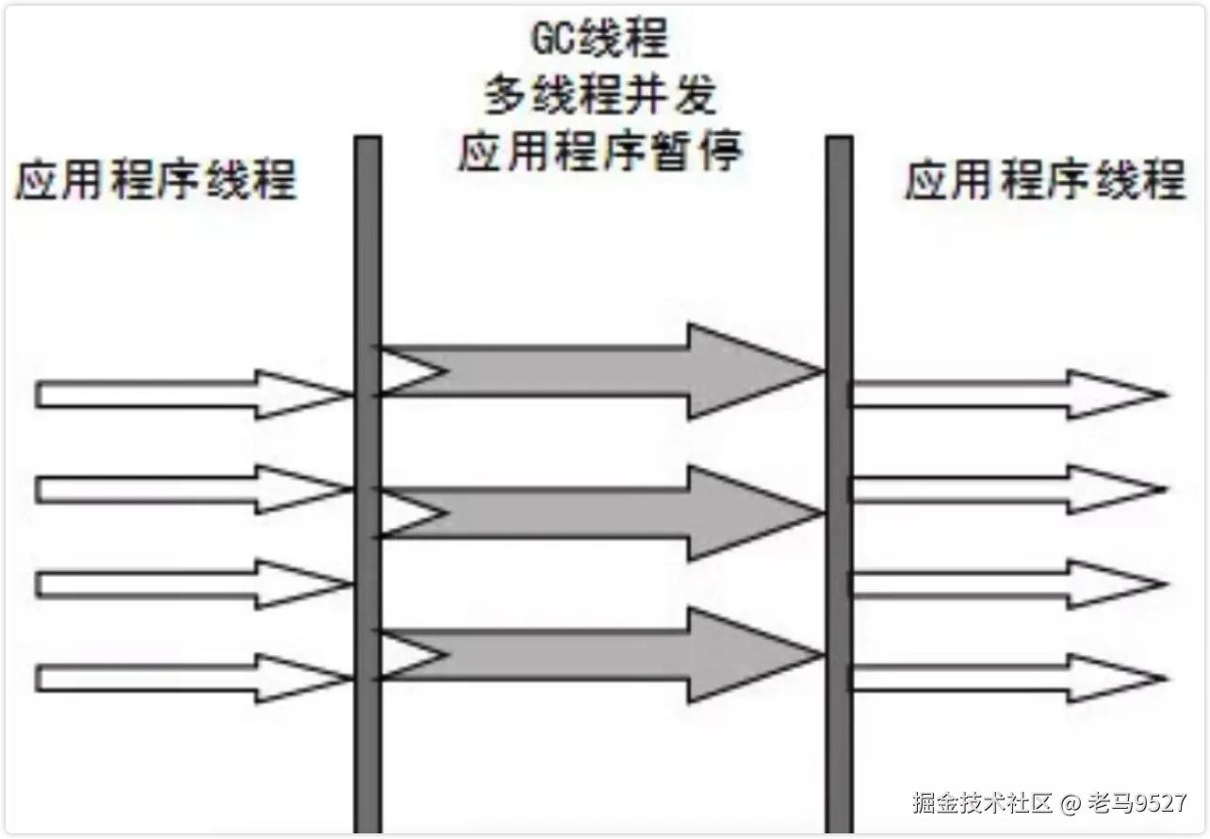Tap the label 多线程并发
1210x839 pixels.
tap(600, 94)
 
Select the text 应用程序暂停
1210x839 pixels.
tap(599, 151)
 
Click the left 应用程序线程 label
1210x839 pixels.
tap(155, 179)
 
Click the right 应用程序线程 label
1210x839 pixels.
tap(1044, 179)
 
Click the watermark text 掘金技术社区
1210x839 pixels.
tap(981, 803)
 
